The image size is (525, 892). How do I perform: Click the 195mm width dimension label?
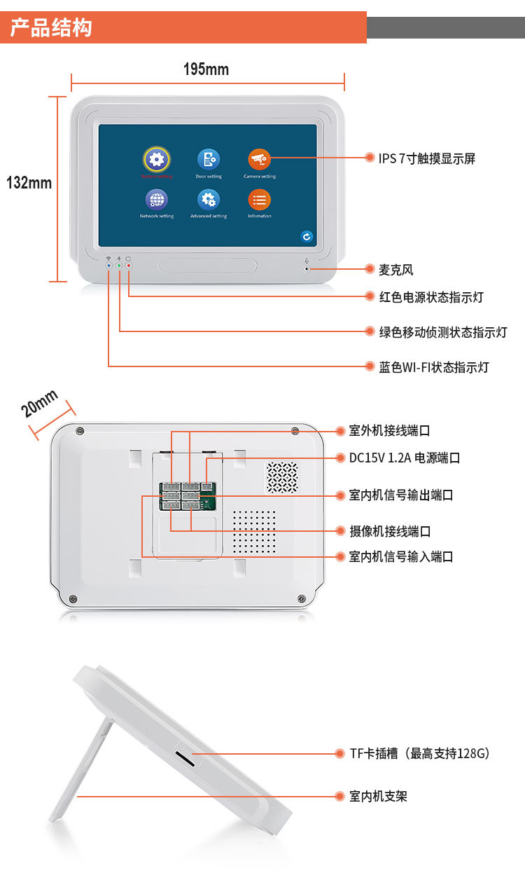point(206,69)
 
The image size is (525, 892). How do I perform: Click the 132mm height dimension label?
point(29,183)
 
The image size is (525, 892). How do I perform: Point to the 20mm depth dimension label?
point(40,404)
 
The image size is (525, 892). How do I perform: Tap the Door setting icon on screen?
point(208,159)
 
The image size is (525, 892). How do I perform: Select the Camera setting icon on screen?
point(259,159)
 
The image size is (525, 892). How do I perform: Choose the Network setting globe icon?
point(156,200)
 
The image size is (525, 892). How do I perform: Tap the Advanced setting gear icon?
point(208,200)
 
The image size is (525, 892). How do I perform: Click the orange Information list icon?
point(259,200)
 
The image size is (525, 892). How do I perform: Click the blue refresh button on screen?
point(306,237)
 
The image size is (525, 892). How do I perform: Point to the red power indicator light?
point(129,266)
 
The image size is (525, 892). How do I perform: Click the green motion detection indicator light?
point(119,266)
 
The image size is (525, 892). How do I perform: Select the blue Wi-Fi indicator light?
point(108,266)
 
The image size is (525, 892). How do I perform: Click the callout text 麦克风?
point(395,270)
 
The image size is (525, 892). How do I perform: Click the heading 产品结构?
point(50,29)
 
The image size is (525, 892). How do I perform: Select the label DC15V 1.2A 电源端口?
point(405,458)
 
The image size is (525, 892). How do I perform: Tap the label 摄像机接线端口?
point(390,531)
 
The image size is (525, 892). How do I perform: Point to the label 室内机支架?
point(378,796)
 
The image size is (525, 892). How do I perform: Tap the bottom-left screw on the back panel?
point(73,598)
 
